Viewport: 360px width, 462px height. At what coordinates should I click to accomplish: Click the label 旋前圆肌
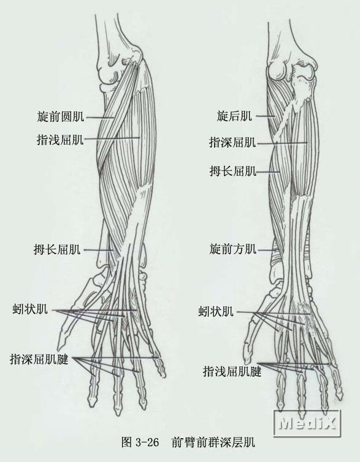pos(61,116)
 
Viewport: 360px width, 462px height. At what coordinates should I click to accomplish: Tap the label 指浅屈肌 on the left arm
pos(60,139)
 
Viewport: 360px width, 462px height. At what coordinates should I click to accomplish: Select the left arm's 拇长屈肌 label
pos(57,249)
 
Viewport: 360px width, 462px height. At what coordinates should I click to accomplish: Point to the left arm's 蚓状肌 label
pos(30,309)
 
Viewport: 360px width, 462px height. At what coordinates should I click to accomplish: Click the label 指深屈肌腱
pos(39,359)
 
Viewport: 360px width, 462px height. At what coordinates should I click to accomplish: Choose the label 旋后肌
pos(234,116)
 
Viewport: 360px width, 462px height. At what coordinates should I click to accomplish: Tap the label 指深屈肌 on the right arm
pos(232,142)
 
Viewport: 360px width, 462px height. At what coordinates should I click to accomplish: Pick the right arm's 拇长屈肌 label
pos(233,170)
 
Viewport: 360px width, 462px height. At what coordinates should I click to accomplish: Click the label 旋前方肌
pos(233,249)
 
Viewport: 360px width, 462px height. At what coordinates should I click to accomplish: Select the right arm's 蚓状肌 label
pos(216,311)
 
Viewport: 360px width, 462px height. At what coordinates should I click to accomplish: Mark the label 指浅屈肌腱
pos(232,371)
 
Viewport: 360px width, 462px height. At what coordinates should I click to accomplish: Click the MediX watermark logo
pos(307,423)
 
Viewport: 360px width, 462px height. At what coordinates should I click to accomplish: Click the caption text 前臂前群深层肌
pos(213,442)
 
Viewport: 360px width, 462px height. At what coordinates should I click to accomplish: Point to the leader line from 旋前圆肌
pos(99,117)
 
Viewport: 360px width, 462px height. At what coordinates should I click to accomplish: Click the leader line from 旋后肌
pos(266,116)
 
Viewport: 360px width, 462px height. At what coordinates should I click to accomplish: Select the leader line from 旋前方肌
pos(267,250)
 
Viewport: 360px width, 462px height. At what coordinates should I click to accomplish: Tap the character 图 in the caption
pos(126,442)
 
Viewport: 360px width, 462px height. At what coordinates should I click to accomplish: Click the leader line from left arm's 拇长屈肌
pos(99,250)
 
